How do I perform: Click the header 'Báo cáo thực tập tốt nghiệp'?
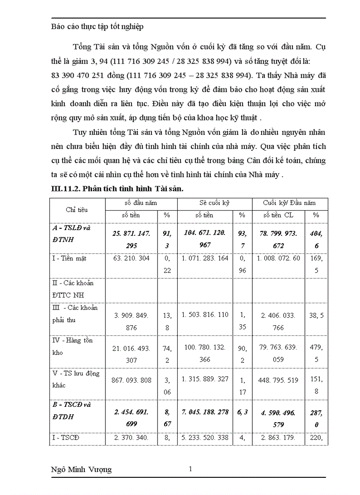coord(97,27)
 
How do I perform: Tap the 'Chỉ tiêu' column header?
coord(77,209)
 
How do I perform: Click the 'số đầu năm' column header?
coord(141,203)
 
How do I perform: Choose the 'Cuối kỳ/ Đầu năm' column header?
coord(289,203)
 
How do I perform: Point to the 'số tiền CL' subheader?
coord(278,216)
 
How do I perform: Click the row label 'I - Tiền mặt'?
coord(69,258)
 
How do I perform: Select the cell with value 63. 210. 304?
coord(131,258)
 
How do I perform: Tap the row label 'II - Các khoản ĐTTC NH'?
coord(73,289)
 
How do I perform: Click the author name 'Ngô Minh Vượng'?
coord(82,469)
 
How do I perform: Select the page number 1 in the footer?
coord(190,469)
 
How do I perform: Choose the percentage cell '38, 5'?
coord(316,315)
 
